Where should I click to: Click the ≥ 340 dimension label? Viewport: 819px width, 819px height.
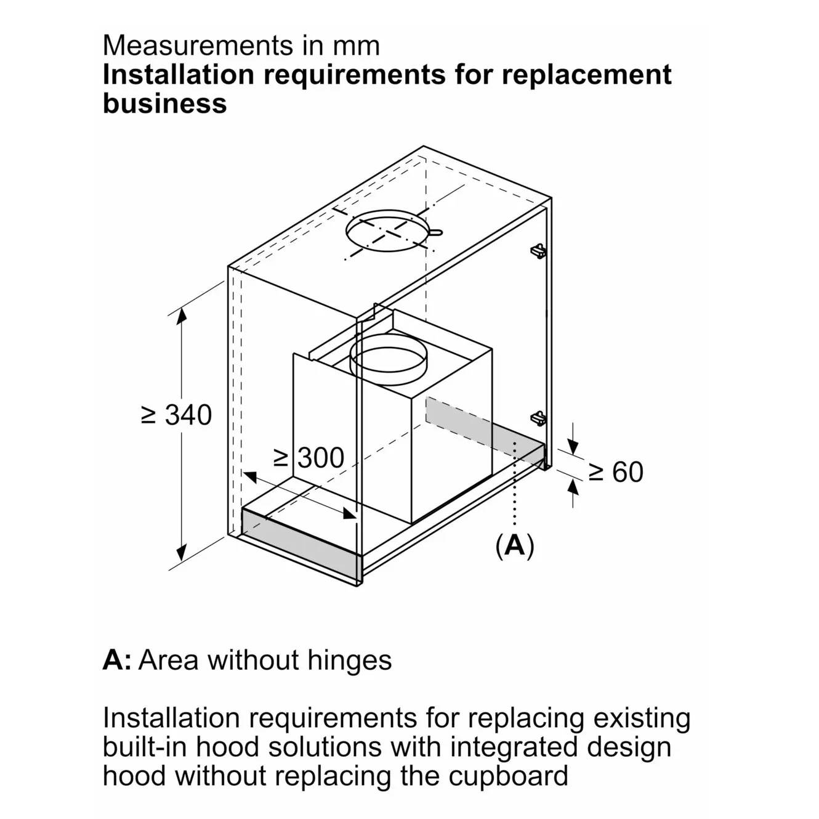coord(177,415)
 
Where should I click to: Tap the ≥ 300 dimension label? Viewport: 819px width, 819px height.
coord(309,458)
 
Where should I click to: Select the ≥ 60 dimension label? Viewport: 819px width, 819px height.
coord(615,472)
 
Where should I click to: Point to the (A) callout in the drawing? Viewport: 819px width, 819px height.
coord(515,545)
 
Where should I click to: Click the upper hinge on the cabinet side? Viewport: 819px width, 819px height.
coord(538,250)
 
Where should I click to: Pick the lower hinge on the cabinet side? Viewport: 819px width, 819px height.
coord(538,418)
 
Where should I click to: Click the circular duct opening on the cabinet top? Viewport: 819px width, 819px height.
coord(386,233)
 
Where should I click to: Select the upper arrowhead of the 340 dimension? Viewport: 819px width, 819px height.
coord(181,316)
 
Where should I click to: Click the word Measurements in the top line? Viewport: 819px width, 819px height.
coord(198,46)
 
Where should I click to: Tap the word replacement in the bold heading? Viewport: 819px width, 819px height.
coord(586,75)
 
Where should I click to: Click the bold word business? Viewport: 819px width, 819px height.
coord(165,103)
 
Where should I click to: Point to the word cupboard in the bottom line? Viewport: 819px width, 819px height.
coord(508,775)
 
